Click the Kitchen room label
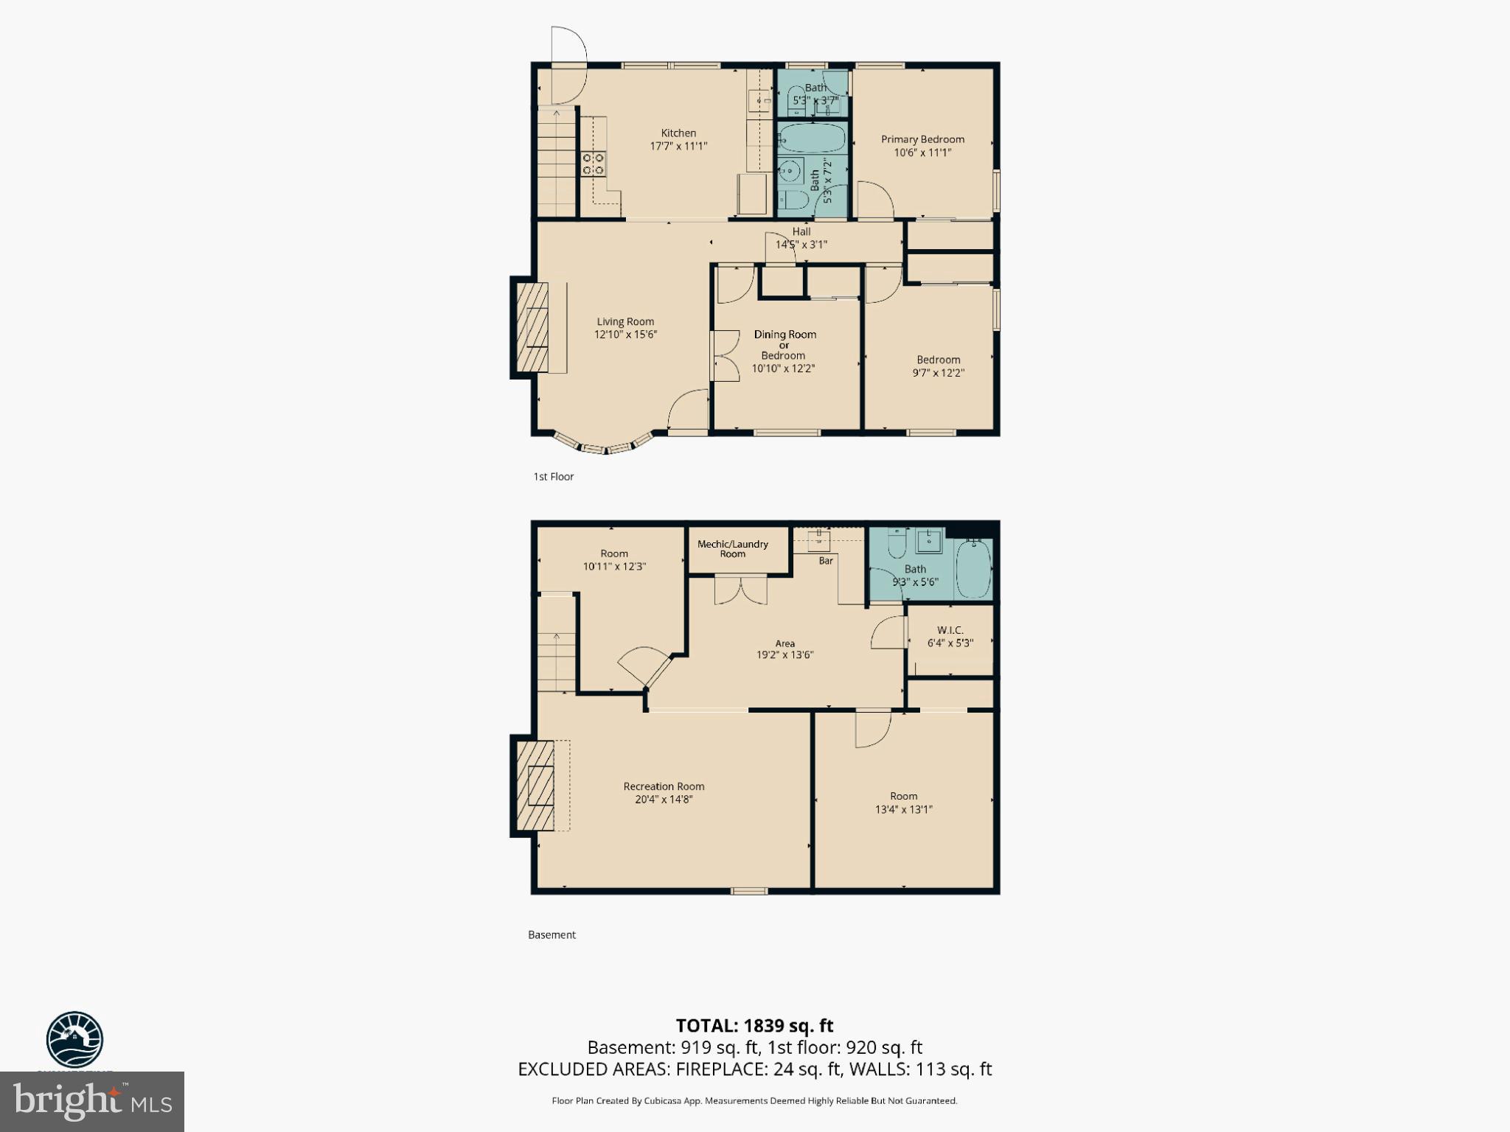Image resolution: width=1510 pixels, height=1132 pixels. click(678, 133)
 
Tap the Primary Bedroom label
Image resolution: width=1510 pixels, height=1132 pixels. click(922, 139)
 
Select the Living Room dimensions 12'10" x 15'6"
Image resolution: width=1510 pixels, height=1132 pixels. click(625, 335)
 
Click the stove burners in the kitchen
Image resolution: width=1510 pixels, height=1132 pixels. click(594, 164)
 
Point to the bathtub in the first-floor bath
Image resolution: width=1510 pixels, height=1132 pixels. click(812, 138)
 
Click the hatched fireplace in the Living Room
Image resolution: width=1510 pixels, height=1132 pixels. click(532, 327)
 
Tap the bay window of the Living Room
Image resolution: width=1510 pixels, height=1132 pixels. click(605, 444)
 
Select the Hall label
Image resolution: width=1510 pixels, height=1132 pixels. click(801, 231)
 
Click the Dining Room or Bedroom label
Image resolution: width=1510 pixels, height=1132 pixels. click(784, 344)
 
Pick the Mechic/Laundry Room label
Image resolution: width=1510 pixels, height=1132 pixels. click(732, 548)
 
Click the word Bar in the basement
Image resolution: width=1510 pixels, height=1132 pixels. click(826, 561)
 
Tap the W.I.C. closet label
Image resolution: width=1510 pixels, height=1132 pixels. click(950, 630)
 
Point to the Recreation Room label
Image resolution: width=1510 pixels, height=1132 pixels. click(664, 786)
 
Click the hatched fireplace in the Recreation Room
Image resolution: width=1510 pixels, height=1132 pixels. click(535, 786)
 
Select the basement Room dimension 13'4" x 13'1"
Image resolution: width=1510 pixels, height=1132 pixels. click(903, 809)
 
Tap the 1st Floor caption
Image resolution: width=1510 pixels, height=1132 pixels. click(553, 477)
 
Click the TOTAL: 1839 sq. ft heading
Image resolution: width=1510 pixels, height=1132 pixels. click(754, 1026)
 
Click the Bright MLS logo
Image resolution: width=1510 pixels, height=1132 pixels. click(91, 1101)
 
